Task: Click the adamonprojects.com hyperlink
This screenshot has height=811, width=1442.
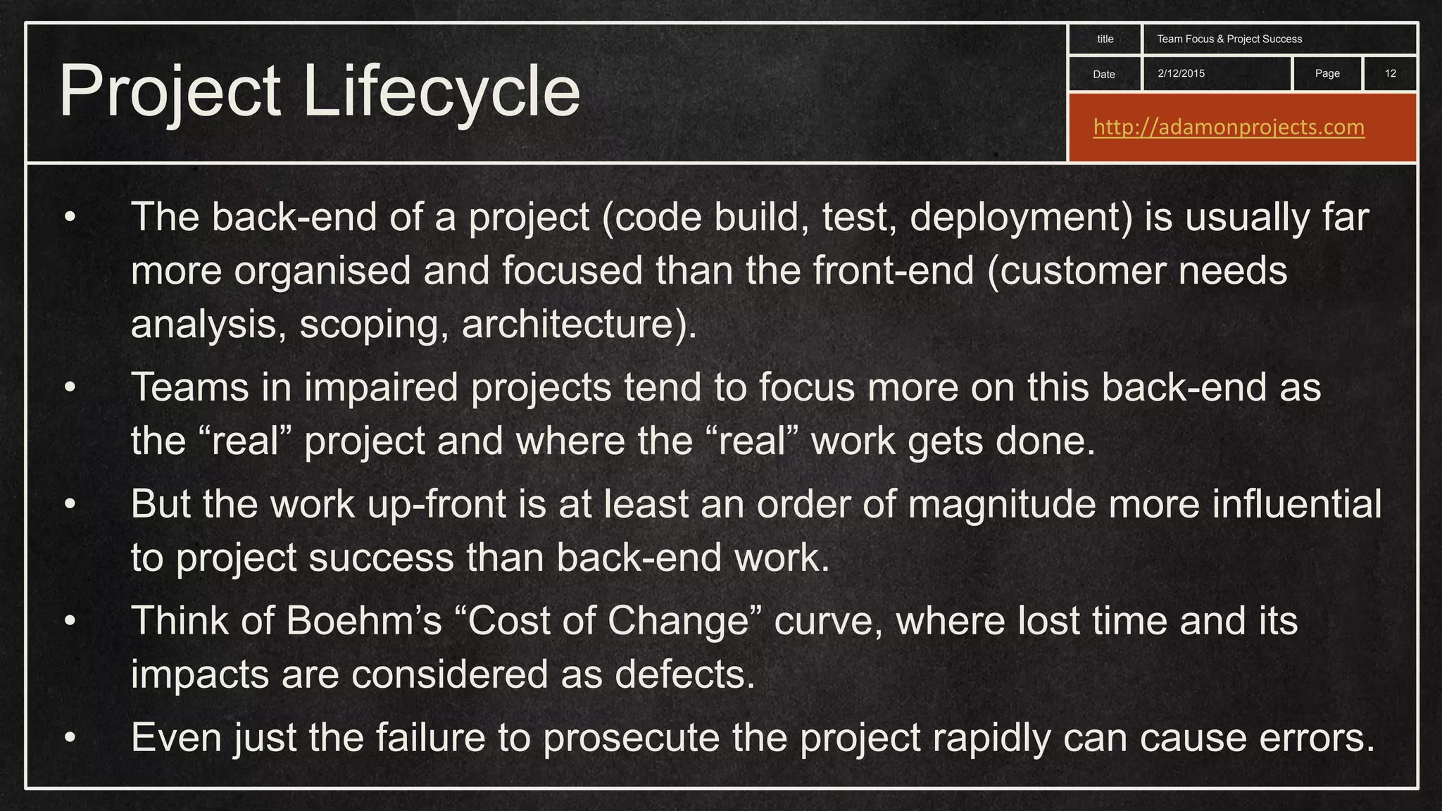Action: tap(1229, 127)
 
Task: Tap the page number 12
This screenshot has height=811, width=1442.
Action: tap(1391, 73)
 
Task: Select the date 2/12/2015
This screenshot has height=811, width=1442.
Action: tap(1181, 73)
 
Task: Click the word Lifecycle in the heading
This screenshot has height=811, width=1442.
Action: tap(441, 92)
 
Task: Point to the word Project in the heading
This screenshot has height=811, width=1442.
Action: tap(170, 92)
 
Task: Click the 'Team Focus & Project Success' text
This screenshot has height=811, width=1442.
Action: tap(1229, 39)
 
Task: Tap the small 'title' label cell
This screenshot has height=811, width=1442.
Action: tap(1105, 39)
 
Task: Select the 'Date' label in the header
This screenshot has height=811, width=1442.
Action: tap(1104, 75)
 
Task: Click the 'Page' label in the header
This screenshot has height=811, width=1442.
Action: tap(1327, 73)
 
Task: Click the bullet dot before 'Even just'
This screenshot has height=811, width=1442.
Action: tap(69, 738)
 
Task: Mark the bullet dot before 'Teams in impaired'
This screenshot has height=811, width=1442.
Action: tap(69, 387)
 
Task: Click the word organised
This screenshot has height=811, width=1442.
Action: tap(322, 270)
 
